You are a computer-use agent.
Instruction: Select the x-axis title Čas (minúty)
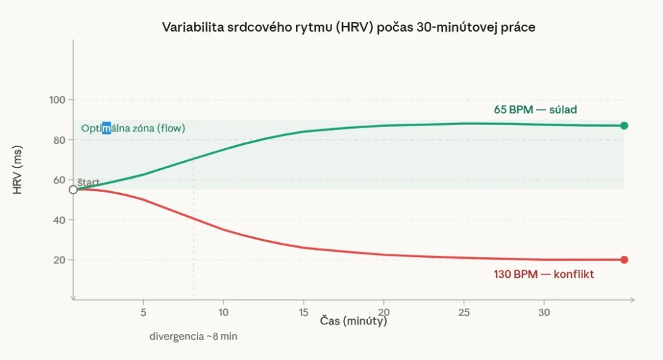click(x=353, y=321)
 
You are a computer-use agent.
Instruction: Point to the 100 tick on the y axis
click(x=57, y=100)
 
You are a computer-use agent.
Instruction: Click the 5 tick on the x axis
click(x=143, y=311)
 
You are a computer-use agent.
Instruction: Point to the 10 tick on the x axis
click(x=223, y=311)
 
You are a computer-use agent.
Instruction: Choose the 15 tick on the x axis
click(x=304, y=311)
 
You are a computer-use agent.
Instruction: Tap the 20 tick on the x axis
click(x=384, y=311)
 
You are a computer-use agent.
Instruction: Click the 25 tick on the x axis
click(x=464, y=311)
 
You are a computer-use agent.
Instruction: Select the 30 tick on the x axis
click(x=545, y=311)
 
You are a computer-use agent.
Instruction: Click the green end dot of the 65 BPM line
click(x=624, y=126)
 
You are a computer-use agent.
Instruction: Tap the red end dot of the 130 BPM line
click(x=624, y=260)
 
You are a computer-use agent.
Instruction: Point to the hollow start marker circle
click(x=73, y=190)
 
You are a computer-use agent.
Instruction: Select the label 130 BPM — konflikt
click(x=544, y=275)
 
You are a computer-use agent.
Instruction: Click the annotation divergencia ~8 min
click(x=188, y=337)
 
